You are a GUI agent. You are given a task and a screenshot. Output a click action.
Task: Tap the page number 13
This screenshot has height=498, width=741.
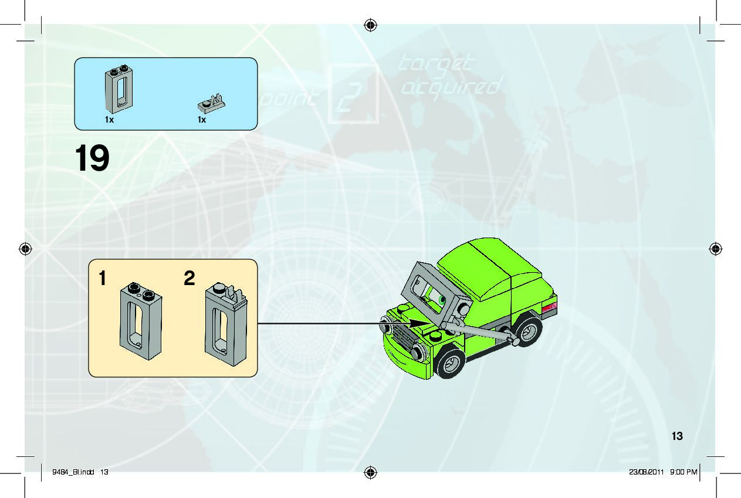(678, 436)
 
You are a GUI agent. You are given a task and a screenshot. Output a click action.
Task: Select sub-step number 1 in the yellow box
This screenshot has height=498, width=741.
(103, 279)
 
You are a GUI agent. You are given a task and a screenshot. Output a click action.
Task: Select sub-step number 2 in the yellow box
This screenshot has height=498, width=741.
(189, 279)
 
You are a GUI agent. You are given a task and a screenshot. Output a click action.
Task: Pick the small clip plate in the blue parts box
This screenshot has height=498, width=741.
(211, 104)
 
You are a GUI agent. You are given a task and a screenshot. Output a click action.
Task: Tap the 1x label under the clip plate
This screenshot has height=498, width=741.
(202, 120)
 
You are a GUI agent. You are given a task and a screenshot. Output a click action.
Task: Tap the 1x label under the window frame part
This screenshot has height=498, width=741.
(109, 120)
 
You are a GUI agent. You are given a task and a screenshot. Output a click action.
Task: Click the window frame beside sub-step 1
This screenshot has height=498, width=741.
(141, 320)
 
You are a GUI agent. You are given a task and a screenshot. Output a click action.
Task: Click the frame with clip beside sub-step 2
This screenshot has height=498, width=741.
(226, 322)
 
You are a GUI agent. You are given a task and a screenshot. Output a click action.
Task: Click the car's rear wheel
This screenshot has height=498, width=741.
(527, 331)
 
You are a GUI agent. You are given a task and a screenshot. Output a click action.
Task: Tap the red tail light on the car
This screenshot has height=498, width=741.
(549, 308)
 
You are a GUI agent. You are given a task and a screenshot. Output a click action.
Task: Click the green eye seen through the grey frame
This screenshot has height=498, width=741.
(442, 301)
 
